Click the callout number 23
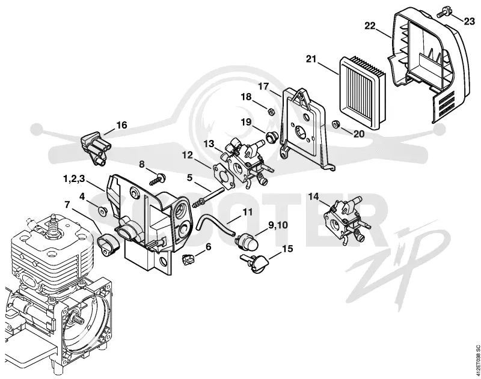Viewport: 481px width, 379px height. [x=469, y=22]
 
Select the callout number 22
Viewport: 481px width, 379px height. [x=370, y=26]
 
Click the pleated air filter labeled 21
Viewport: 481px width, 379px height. [x=362, y=93]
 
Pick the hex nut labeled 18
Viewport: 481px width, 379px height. [x=271, y=111]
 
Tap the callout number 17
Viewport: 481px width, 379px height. [x=263, y=86]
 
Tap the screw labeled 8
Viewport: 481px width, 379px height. [x=158, y=179]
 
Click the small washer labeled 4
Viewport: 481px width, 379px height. [x=101, y=210]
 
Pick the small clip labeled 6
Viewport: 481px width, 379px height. [x=188, y=259]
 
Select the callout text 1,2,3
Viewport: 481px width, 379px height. [x=73, y=179]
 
